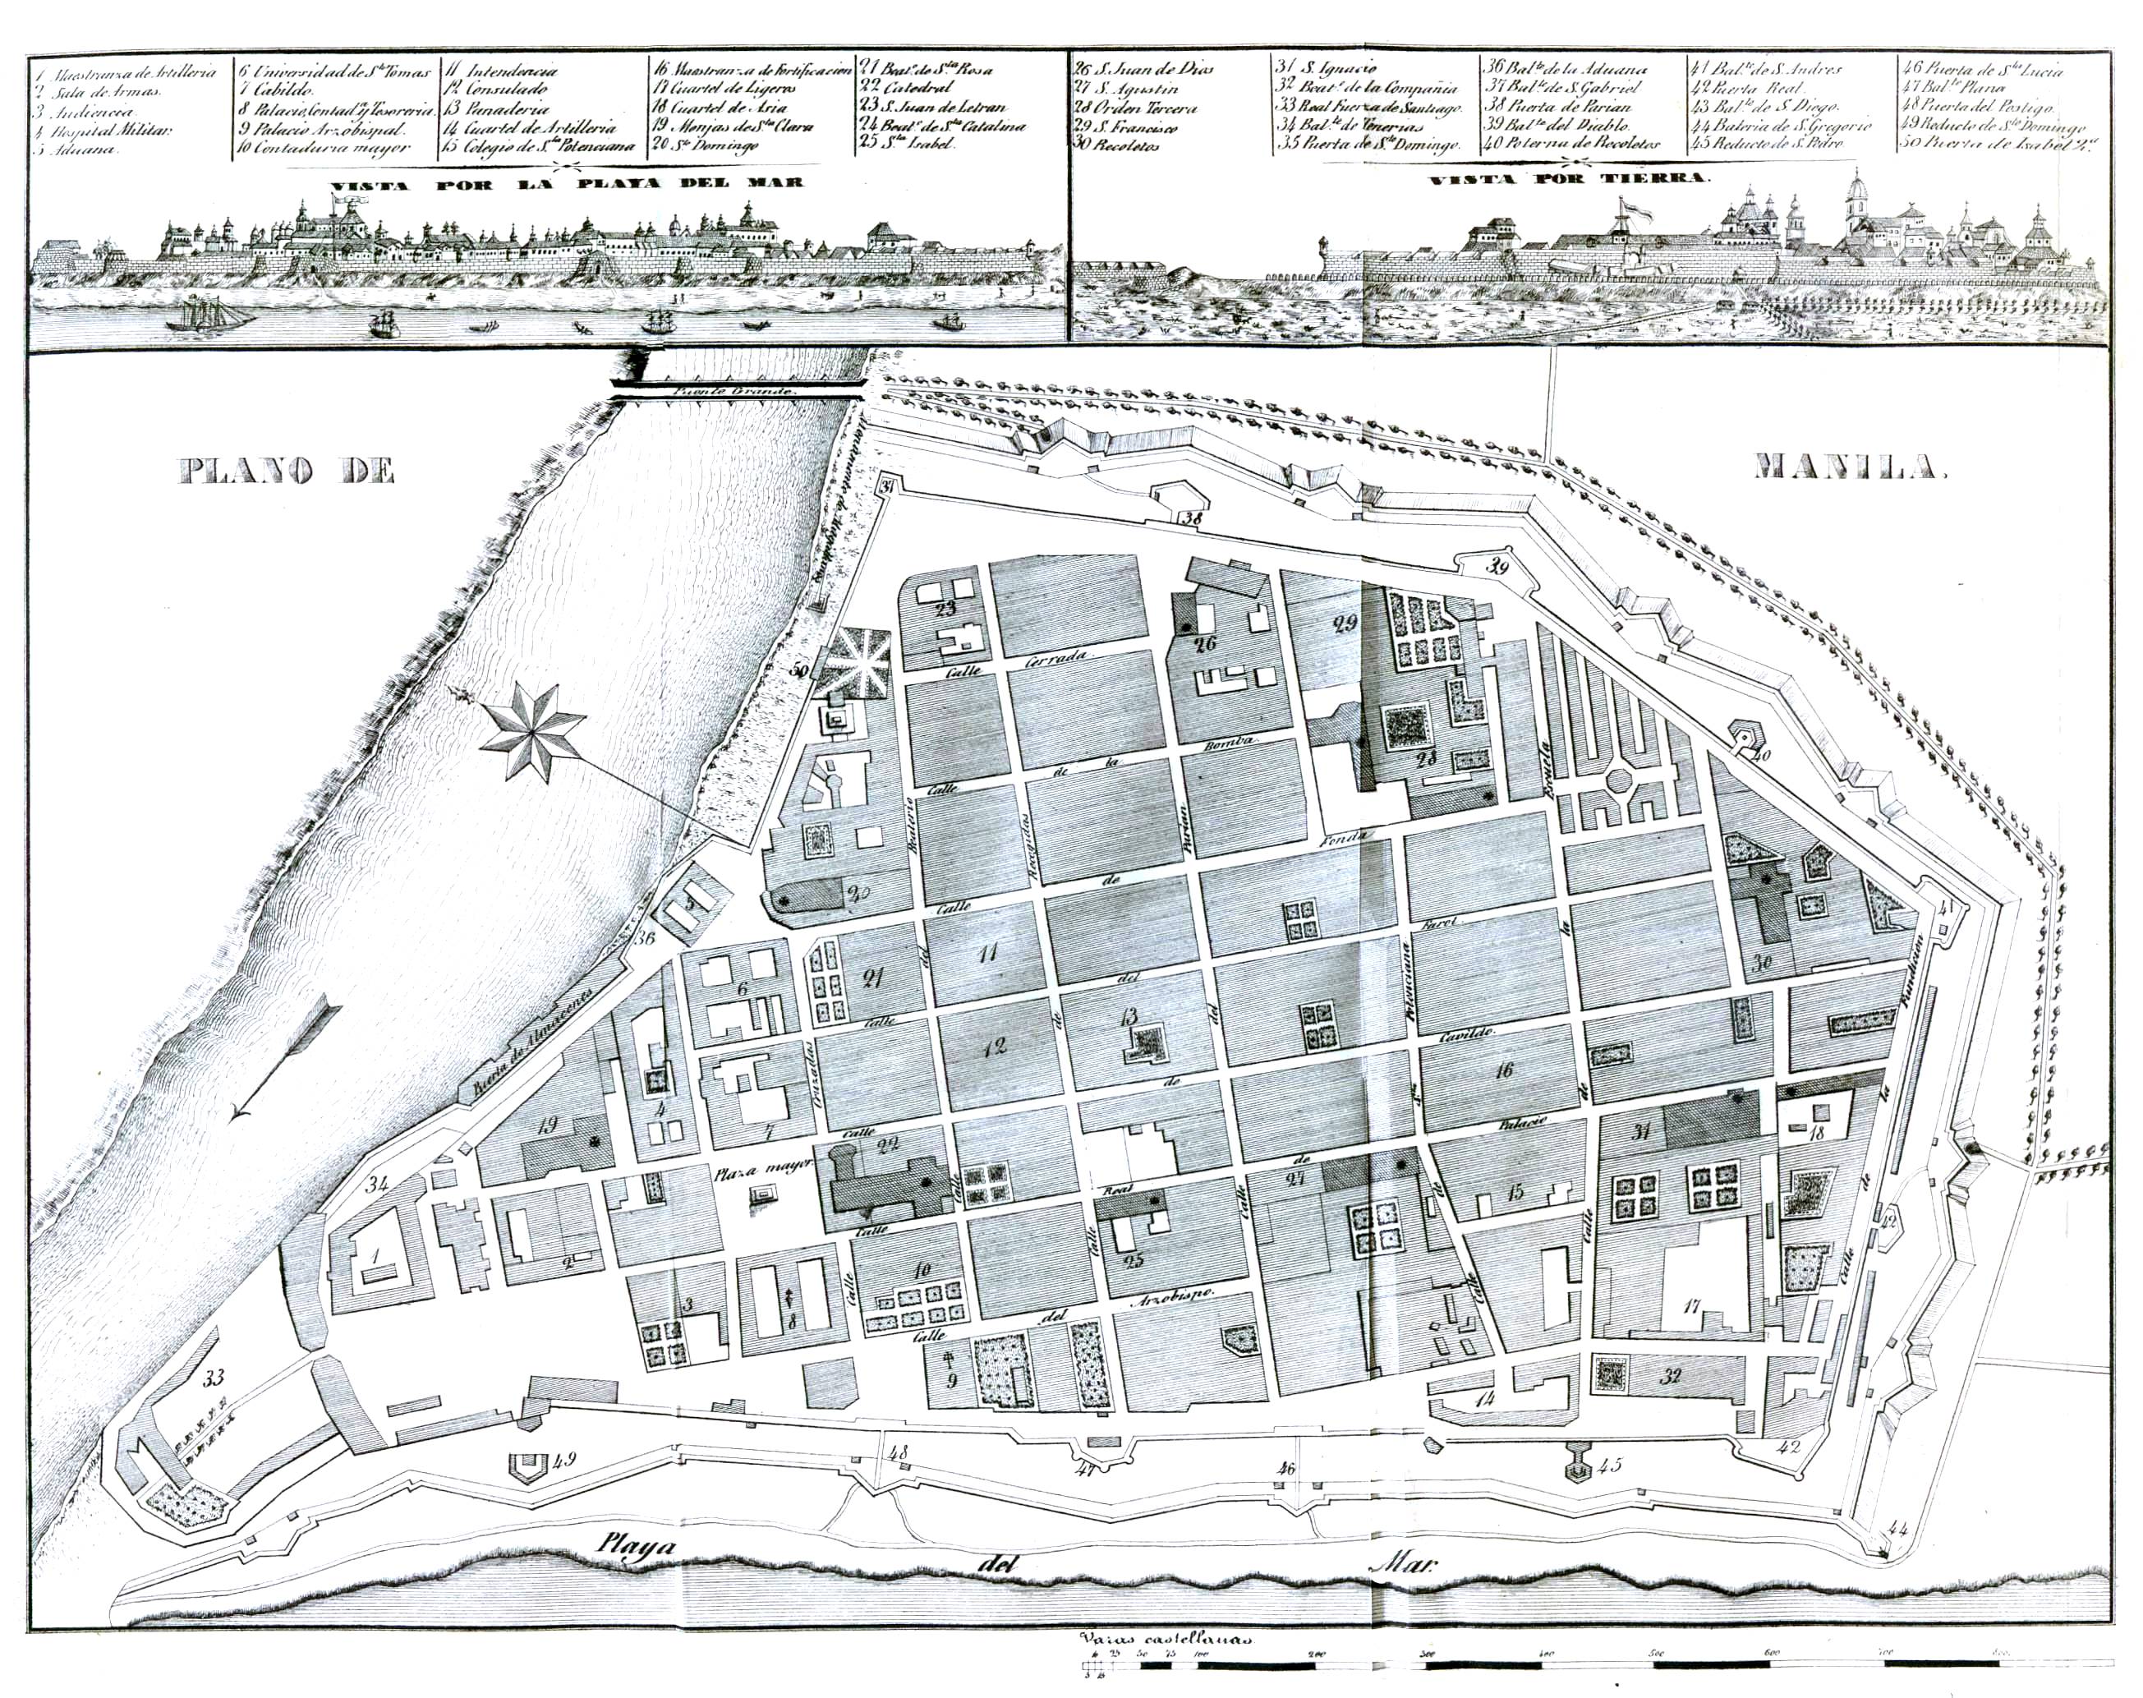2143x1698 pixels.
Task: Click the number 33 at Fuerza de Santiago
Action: pyautogui.click(x=214, y=1379)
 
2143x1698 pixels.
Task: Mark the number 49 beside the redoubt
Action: pyautogui.click(x=563, y=1460)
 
